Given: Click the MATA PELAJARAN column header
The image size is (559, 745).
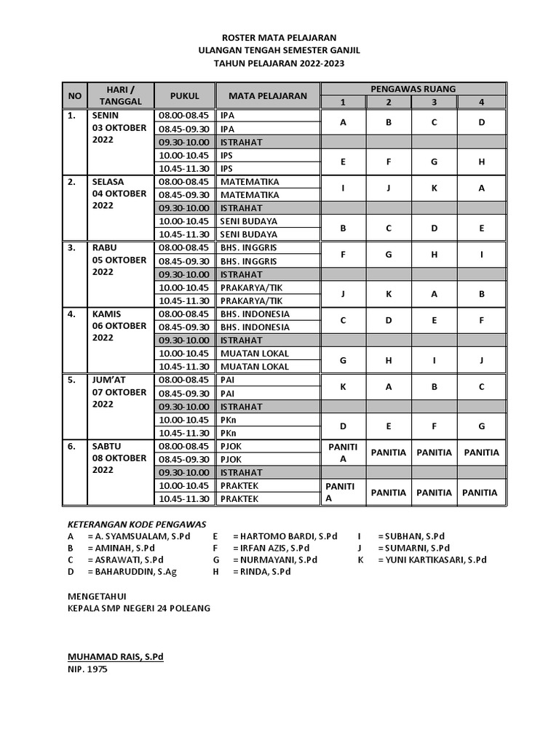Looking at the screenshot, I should pos(267,95).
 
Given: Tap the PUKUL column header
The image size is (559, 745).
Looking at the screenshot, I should pos(184,95).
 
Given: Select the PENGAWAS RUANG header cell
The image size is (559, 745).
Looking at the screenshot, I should pos(413,89).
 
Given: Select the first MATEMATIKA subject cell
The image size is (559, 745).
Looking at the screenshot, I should pos(249,181).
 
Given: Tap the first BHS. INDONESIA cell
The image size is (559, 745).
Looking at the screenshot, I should pos(254,314).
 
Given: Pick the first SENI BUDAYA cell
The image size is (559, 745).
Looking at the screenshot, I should pos(248,221).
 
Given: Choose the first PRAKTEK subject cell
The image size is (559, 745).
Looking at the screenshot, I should pos(239,485).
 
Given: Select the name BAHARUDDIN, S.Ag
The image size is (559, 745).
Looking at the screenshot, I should pos(132,572).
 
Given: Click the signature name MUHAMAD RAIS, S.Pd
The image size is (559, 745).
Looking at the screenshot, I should pos(115,657).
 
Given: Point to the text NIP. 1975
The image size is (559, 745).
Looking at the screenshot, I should pos(87,669).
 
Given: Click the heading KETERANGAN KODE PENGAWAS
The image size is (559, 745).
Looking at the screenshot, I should pos(137,523).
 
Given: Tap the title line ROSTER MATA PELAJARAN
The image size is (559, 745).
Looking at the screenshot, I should pos(279,37).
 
